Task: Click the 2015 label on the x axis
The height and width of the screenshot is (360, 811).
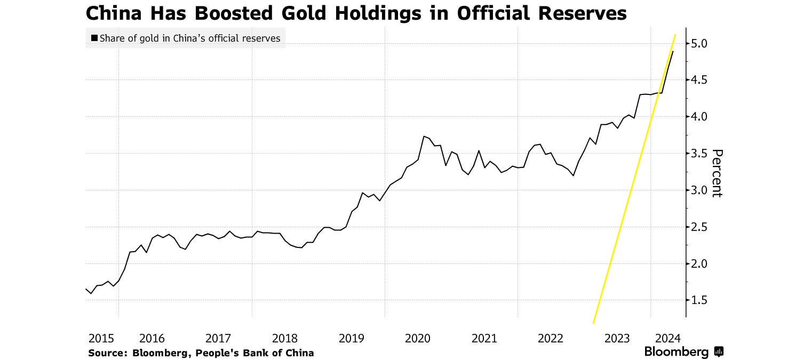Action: (101, 338)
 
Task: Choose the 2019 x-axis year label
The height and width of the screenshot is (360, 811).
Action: (351, 338)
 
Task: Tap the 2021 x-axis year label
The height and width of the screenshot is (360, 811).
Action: (484, 338)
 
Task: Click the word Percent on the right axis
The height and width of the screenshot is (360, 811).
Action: (718, 173)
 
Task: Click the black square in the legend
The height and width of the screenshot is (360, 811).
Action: (94, 38)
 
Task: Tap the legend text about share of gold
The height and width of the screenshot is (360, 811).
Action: (190, 38)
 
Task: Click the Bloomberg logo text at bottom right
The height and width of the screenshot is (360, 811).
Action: (676, 352)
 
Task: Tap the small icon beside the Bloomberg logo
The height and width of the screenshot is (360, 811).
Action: (719, 351)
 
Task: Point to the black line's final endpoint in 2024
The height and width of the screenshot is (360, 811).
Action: (673, 51)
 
